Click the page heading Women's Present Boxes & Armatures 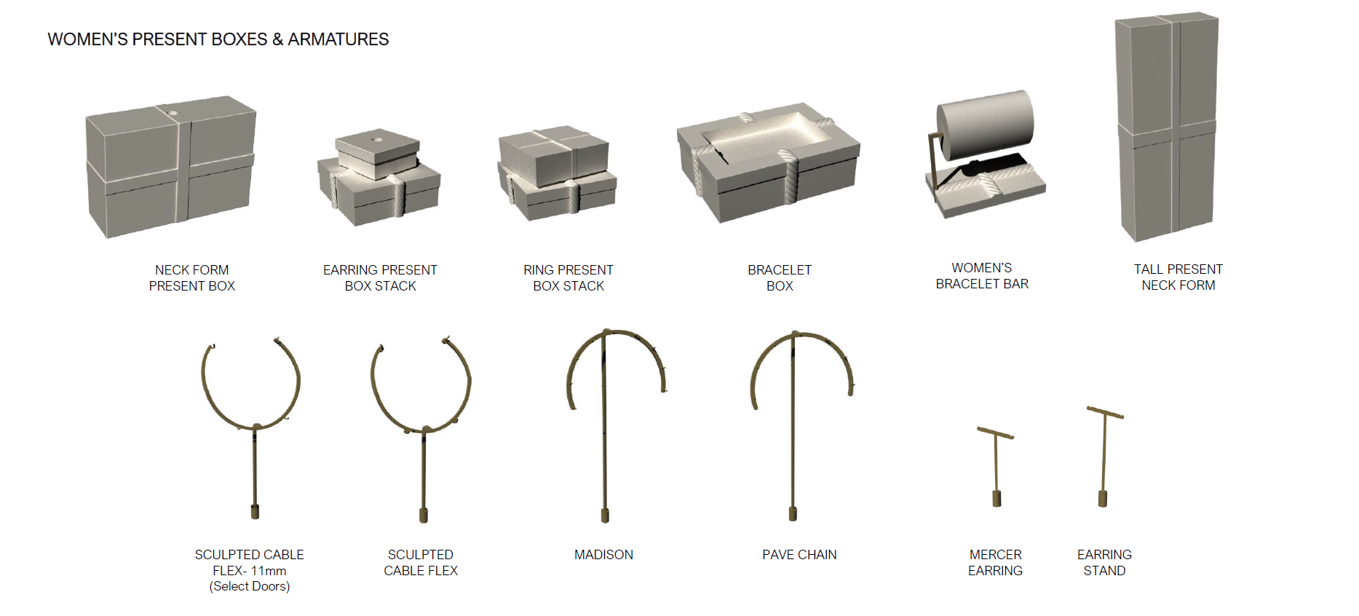pos(218,39)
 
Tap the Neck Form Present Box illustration pos(171,167)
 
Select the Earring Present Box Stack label pos(380,277)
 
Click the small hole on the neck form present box pos(173,114)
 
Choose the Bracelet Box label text pos(780,277)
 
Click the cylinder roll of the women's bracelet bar pos(985,125)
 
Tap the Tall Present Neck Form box pos(1166,126)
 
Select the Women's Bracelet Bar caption pos(982,276)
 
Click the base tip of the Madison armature pos(604,516)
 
